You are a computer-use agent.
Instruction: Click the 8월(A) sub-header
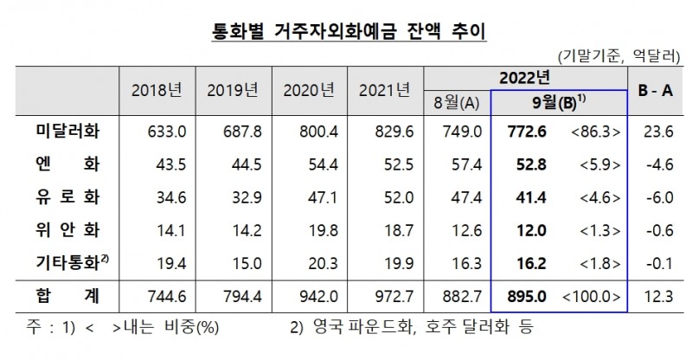[x=458, y=103]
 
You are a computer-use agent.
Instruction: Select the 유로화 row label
[x=67, y=196]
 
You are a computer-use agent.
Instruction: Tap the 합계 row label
[x=67, y=297]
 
